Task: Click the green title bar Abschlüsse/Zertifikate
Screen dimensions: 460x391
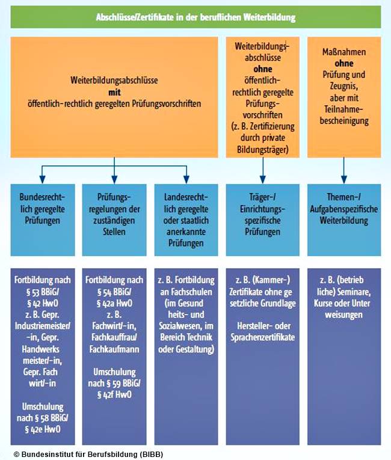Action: (195, 17)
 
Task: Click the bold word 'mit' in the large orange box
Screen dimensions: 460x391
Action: (114, 92)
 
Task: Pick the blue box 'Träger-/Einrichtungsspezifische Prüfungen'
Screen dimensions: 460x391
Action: (262, 209)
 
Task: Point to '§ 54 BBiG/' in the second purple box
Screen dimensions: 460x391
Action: (114, 292)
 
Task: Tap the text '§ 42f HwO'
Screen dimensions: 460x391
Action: (114, 394)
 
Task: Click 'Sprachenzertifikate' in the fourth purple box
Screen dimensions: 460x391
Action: (262, 337)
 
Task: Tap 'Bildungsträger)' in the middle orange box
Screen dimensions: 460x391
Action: (262, 148)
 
